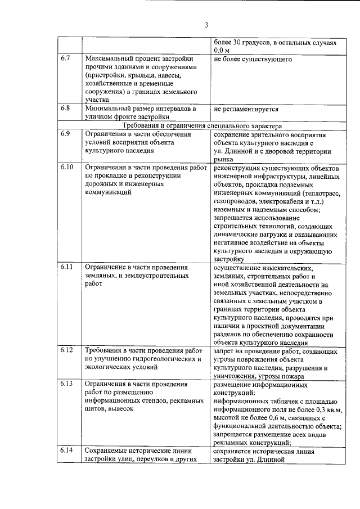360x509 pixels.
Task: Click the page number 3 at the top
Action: [206, 25]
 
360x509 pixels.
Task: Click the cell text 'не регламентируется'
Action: [246, 109]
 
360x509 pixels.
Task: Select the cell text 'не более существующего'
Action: [252, 58]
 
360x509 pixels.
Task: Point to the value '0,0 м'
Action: [223, 51]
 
